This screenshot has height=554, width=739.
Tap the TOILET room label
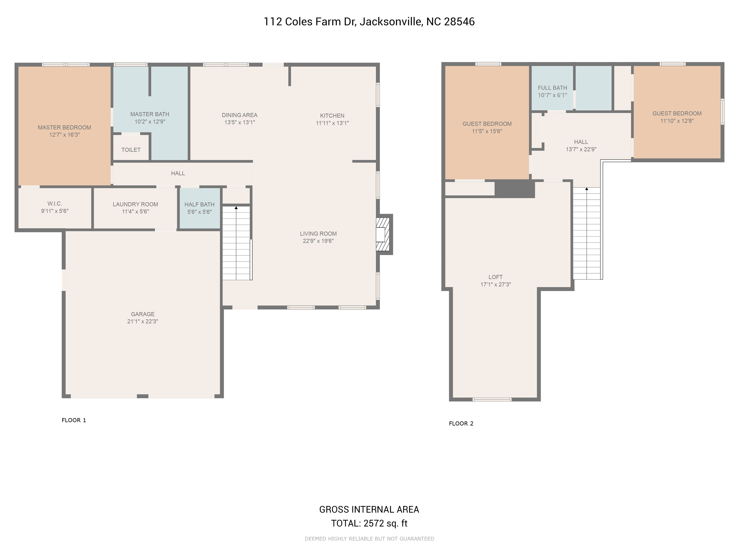pyautogui.click(x=131, y=150)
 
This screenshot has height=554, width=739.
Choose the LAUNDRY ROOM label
pyautogui.click(x=135, y=204)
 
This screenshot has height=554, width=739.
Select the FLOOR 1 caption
pyautogui.click(x=74, y=420)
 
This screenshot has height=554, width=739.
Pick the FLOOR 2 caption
pyautogui.click(x=461, y=423)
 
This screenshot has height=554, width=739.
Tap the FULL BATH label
pyautogui.click(x=553, y=88)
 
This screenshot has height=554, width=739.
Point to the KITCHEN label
pyautogui.click(x=332, y=116)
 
